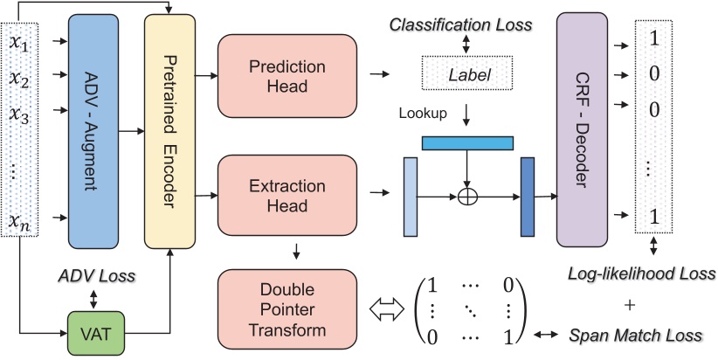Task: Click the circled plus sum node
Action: click(468, 197)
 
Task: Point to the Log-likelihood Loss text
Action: click(641, 273)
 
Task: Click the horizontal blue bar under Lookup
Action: click(468, 142)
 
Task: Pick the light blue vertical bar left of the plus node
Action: click(411, 197)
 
